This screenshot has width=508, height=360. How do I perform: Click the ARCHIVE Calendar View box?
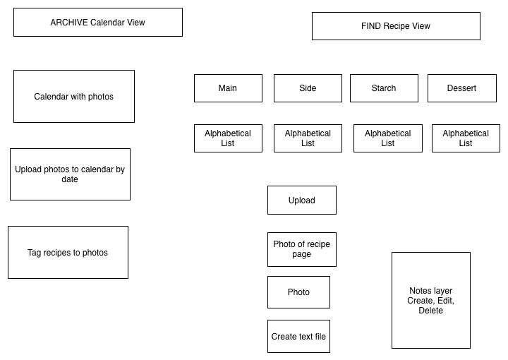pyautogui.click(x=98, y=23)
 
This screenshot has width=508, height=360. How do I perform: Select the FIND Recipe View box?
pyautogui.click(x=396, y=26)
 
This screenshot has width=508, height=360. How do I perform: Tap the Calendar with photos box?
pyautogui.click(x=74, y=96)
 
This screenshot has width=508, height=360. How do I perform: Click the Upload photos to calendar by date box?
pyautogui.click(x=70, y=174)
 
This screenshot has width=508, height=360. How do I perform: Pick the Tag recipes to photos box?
pyautogui.click(x=68, y=253)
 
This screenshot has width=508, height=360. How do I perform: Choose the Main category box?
pyautogui.click(x=228, y=88)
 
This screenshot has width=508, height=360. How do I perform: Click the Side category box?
pyautogui.click(x=308, y=88)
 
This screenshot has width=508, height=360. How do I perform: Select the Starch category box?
pyautogui.click(x=384, y=88)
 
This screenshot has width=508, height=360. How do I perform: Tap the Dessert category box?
pyautogui.click(x=462, y=88)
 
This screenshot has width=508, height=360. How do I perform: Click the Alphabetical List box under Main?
pyautogui.click(x=228, y=138)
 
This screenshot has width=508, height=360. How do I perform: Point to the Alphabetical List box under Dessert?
pyautogui.click(x=466, y=138)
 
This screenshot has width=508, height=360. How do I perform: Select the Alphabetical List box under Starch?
pyautogui.click(x=388, y=138)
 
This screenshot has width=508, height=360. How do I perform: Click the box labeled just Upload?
pyautogui.click(x=302, y=200)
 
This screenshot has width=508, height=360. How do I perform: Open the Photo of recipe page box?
pyautogui.click(x=302, y=249)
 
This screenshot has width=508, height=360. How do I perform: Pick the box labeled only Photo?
pyautogui.click(x=298, y=292)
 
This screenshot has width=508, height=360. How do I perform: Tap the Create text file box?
pyautogui.click(x=298, y=336)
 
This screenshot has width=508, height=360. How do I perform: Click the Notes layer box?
pyautogui.click(x=431, y=301)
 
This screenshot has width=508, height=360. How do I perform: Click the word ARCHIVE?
pyautogui.click(x=69, y=23)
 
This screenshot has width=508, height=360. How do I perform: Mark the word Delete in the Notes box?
pyautogui.click(x=430, y=311)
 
